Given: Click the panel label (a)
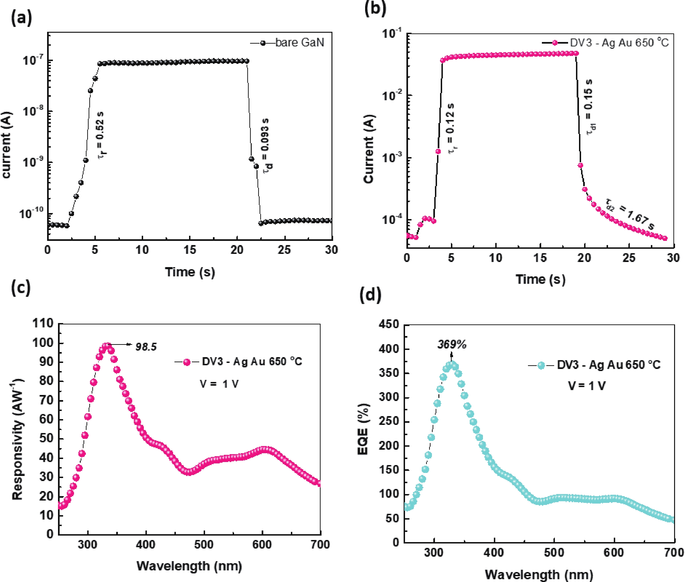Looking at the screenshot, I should click(21, 18).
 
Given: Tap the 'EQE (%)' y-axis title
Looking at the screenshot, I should click(363, 429).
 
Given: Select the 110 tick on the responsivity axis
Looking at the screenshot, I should click(43, 323).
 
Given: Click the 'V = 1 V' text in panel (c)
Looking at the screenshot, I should click(219, 384).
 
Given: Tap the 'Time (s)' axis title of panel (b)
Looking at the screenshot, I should click(540, 279).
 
